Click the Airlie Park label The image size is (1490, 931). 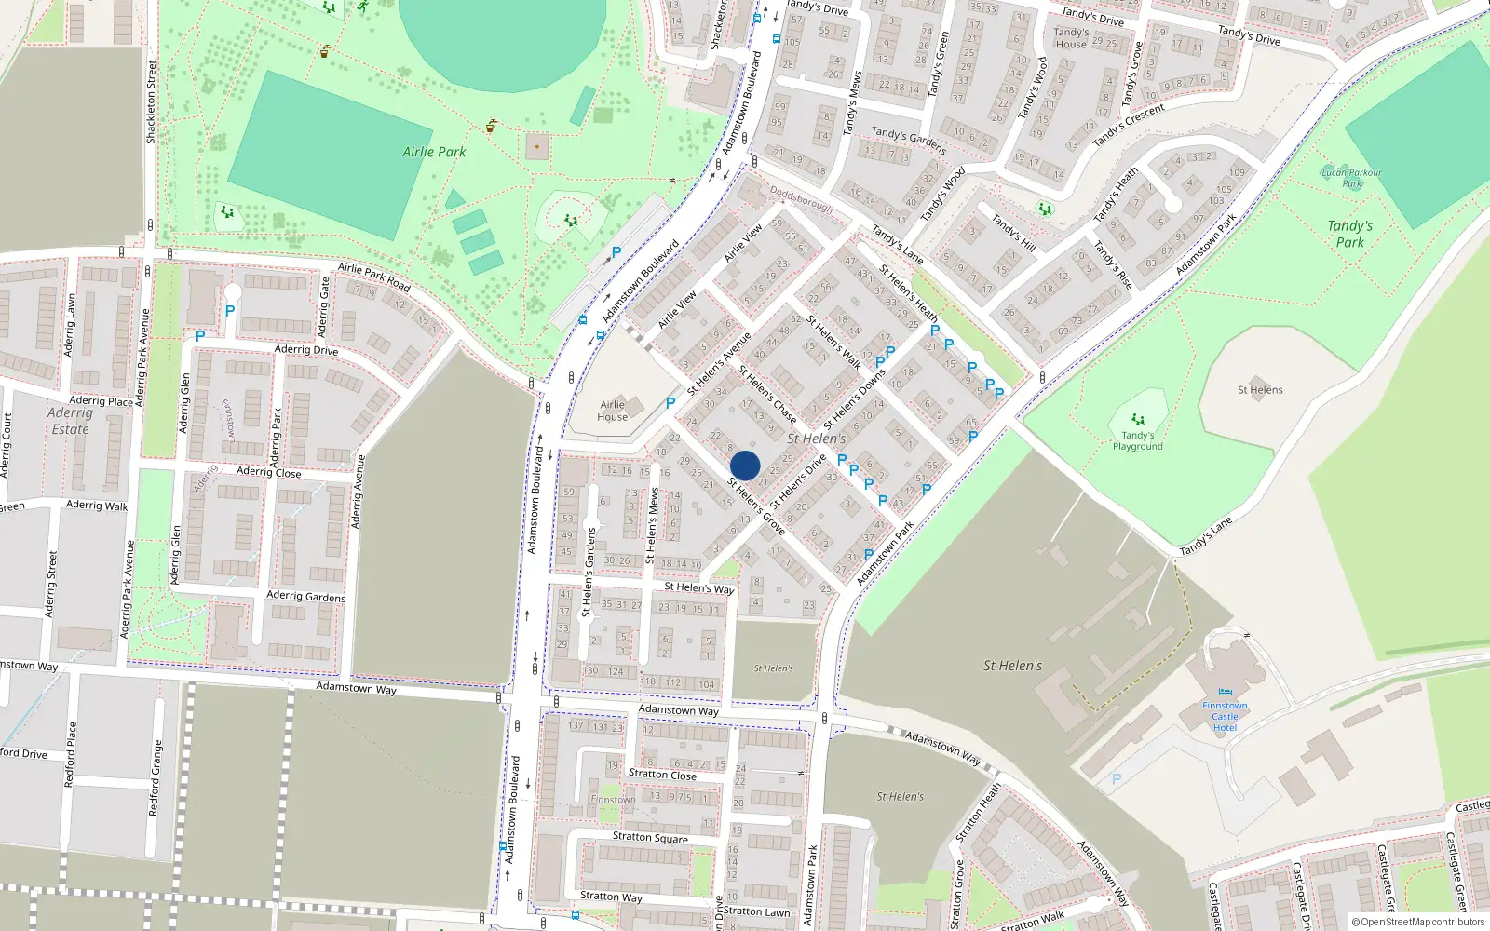[x=434, y=152]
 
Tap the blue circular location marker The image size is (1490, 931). [x=745, y=465]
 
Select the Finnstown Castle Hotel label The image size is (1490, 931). [x=1225, y=716]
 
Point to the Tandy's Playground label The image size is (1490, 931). [x=1137, y=440]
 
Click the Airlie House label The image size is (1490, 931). [x=612, y=411]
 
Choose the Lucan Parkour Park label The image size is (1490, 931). [x=1351, y=177]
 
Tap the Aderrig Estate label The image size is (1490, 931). [x=70, y=421]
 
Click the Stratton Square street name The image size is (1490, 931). [x=650, y=837]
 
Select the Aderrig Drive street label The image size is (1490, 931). [x=306, y=350]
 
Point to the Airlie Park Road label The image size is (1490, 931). [x=373, y=277]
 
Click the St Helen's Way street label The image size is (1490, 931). [x=698, y=587]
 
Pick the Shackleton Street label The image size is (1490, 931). [x=151, y=101]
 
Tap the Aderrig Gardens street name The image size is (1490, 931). [x=305, y=596]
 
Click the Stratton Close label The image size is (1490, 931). [x=662, y=774]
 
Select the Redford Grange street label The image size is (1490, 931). [x=156, y=778]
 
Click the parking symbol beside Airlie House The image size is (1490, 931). [x=670, y=403]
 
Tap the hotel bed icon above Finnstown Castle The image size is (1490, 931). [x=1225, y=693]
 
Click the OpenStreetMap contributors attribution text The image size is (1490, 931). [x=1418, y=922]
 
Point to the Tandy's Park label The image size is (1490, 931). [x=1349, y=234]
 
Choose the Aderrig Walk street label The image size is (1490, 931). [x=97, y=506]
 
